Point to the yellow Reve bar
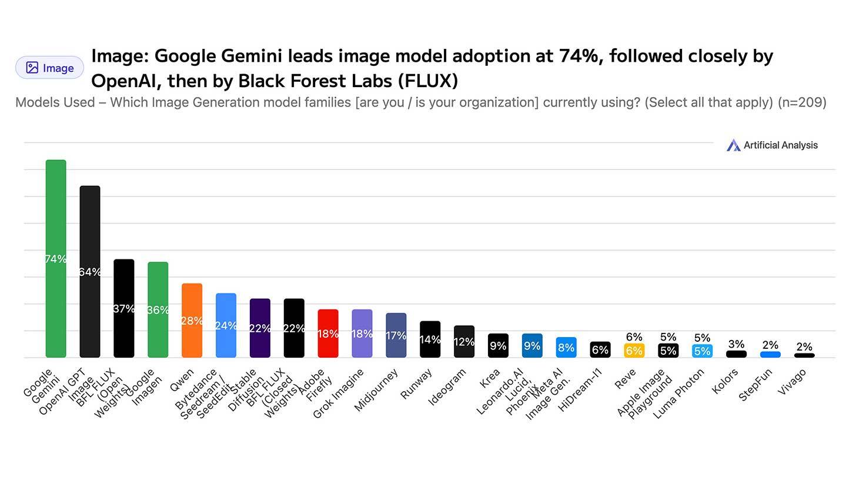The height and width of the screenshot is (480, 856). (x=634, y=351)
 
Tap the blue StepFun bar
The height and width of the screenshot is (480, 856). (x=770, y=355)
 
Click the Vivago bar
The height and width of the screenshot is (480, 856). (x=804, y=355)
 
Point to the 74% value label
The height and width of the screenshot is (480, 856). (x=56, y=259)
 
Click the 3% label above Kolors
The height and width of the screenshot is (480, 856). (x=736, y=344)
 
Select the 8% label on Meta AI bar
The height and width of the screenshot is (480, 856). (x=566, y=348)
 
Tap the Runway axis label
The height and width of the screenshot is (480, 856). (x=416, y=384)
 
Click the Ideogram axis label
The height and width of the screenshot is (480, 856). (x=447, y=386)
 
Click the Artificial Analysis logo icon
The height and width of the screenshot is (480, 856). (x=733, y=145)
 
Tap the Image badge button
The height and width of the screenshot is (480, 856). (x=49, y=68)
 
